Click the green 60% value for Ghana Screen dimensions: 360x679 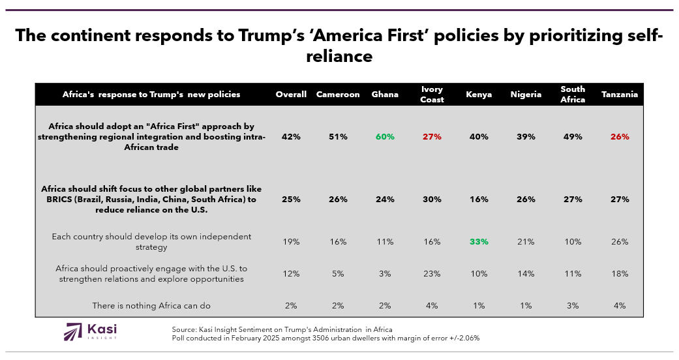pyautogui.click(x=385, y=136)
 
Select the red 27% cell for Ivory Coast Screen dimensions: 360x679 pyautogui.click(x=432, y=136)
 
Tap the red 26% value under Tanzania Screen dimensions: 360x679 pyautogui.click(x=620, y=136)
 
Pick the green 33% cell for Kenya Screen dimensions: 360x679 pyautogui.click(x=479, y=241)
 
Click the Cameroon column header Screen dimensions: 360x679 pyautogui.click(x=338, y=95)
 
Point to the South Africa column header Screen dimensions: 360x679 pyautogui.click(x=573, y=95)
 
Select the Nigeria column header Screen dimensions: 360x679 pyautogui.click(x=526, y=95)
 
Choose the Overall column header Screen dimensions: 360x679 pyautogui.click(x=291, y=95)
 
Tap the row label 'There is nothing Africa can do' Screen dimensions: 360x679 pyautogui.click(x=151, y=305)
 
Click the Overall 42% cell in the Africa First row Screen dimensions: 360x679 pyautogui.click(x=291, y=136)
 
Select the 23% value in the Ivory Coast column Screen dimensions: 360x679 pyautogui.click(x=432, y=274)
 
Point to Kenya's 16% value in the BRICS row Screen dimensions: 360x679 pyautogui.click(x=479, y=199)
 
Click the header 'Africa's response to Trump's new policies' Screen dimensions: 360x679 pyautogui.click(x=151, y=95)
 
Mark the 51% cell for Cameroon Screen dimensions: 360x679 pyautogui.click(x=338, y=136)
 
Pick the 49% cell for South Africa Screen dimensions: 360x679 pyautogui.click(x=573, y=136)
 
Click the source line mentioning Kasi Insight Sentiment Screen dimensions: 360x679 pyautogui.click(x=282, y=329)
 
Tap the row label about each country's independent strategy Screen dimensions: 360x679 pyautogui.click(x=151, y=241)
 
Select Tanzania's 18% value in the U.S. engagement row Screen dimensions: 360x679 pyautogui.click(x=620, y=274)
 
